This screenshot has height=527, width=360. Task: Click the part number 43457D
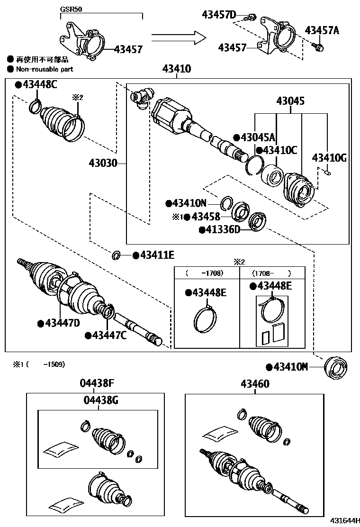tap(218, 15)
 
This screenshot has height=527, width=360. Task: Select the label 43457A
tap(322, 30)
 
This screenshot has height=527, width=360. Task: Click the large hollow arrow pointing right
tap(179, 37)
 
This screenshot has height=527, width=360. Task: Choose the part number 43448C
tap(38, 85)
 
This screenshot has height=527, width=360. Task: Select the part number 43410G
tap(329, 158)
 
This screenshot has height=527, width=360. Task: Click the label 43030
tap(103, 164)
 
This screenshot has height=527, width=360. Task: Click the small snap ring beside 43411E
tap(116, 256)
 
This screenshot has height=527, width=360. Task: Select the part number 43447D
tap(62, 323)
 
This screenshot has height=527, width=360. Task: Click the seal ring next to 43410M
tap(336, 367)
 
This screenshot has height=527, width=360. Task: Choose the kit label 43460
tap(254, 383)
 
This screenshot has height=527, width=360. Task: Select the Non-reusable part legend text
tap(45, 69)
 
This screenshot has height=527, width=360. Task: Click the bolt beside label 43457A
tap(319, 46)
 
